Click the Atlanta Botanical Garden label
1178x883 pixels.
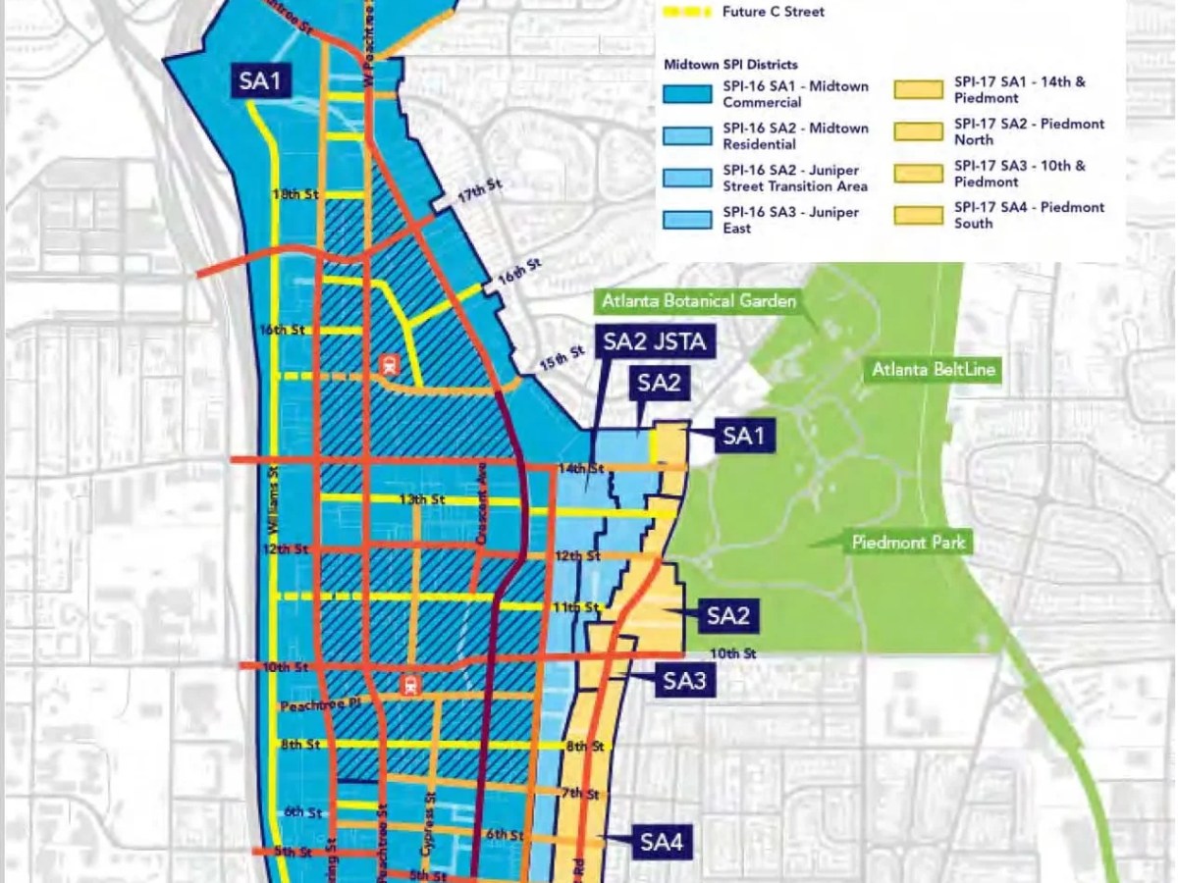click(x=699, y=301)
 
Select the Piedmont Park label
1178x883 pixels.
click(x=909, y=542)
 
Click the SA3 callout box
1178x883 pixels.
click(x=685, y=680)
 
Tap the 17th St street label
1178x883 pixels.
click(x=478, y=194)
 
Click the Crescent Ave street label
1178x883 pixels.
click(x=482, y=516)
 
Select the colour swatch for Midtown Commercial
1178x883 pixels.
click(x=688, y=94)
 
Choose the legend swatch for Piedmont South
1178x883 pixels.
click(x=919, y=215)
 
